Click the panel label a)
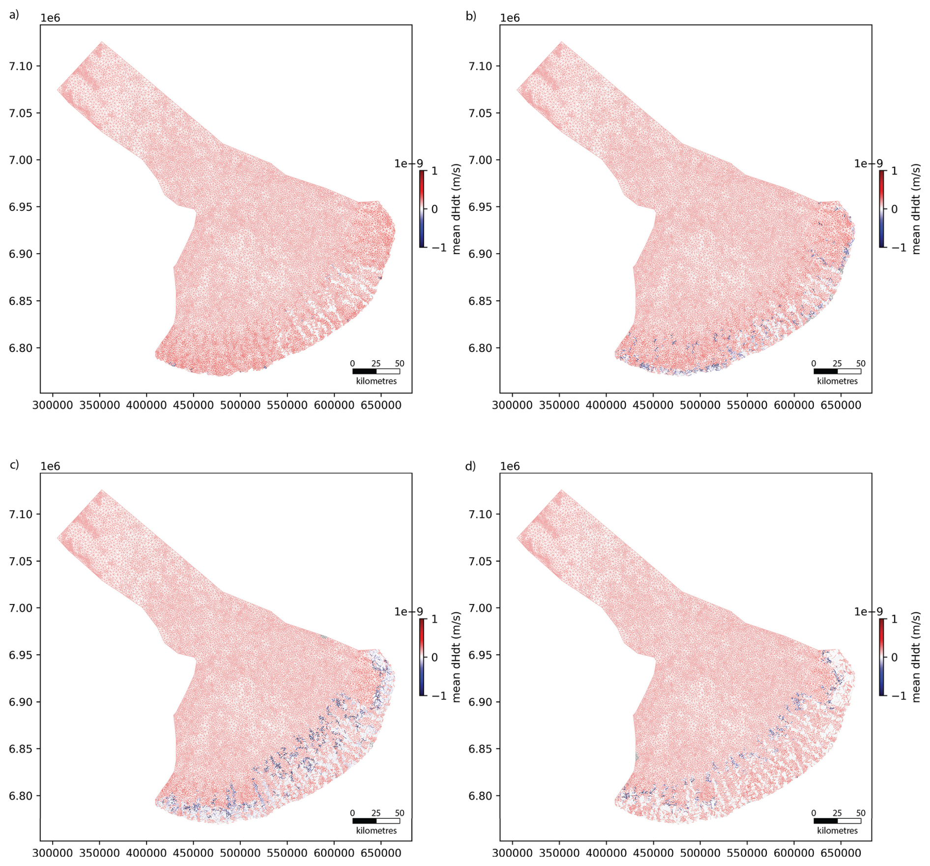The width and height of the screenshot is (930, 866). [14, 15]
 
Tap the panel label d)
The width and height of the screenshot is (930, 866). [470, 465]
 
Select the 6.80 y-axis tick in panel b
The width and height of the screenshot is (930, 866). [481, 348]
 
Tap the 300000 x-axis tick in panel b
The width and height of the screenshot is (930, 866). [512, 405]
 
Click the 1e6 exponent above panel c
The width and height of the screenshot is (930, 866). [50, 466]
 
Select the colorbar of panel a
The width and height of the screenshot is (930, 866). [422, 208]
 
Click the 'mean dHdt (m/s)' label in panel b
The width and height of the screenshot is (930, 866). [915, 209]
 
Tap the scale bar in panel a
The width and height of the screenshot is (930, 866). [376, 371]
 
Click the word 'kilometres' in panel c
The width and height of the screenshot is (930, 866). [377, 831]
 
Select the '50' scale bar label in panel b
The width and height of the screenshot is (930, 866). [861, 364]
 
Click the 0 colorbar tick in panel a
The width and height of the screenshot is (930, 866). [435, 209]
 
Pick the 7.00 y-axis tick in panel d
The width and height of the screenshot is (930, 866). [481, 608]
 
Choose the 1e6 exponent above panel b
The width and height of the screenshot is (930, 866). [510, 18]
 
